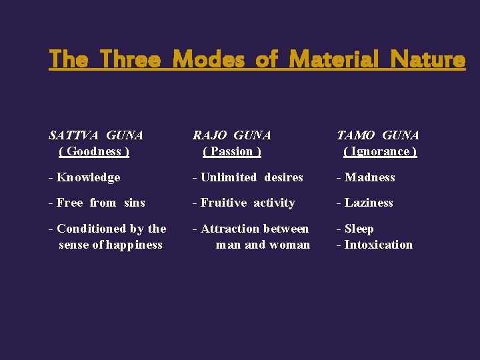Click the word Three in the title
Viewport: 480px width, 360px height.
tap(131, 60)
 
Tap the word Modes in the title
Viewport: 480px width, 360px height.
tap(209, 60)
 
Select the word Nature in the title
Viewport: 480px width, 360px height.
tap(428, 60)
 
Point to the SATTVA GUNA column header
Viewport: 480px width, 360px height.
tap(96, 135)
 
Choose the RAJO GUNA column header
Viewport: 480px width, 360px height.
tap(232, 135)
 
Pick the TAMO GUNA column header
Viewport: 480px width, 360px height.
tap(378, 135)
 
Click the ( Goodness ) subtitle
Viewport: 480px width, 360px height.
tap(94, 151)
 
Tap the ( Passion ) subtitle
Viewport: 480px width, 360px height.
tap(232, 151)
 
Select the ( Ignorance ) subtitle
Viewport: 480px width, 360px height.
tap(380, 151)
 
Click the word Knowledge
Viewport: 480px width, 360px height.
tap(89, 177)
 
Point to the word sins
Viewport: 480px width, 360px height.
tap(134, 203)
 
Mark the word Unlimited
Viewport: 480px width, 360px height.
tap(229, 177)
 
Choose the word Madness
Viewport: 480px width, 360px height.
tap(370, 177)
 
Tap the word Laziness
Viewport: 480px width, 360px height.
tap(369, 203)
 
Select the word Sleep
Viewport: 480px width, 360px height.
tap(359, 229)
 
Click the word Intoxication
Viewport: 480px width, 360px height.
tap(379, 245)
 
